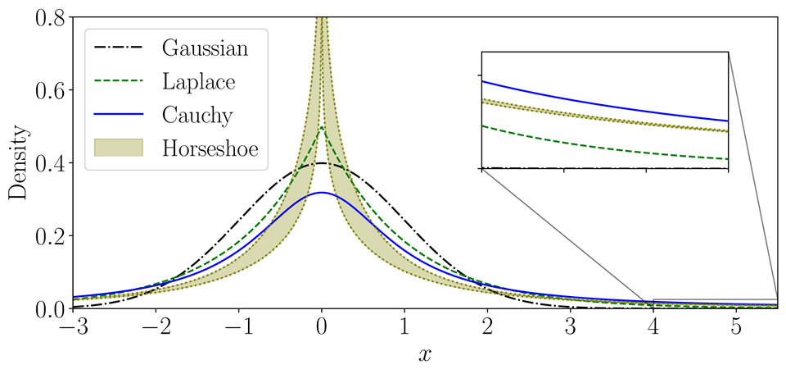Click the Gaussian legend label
point(205,48)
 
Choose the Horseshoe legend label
point(212,148)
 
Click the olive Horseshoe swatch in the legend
point(119,148)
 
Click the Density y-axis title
point(17,163)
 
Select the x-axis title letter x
point(424,355)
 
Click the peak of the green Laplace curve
point(323,127)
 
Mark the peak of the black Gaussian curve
point(323,163)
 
